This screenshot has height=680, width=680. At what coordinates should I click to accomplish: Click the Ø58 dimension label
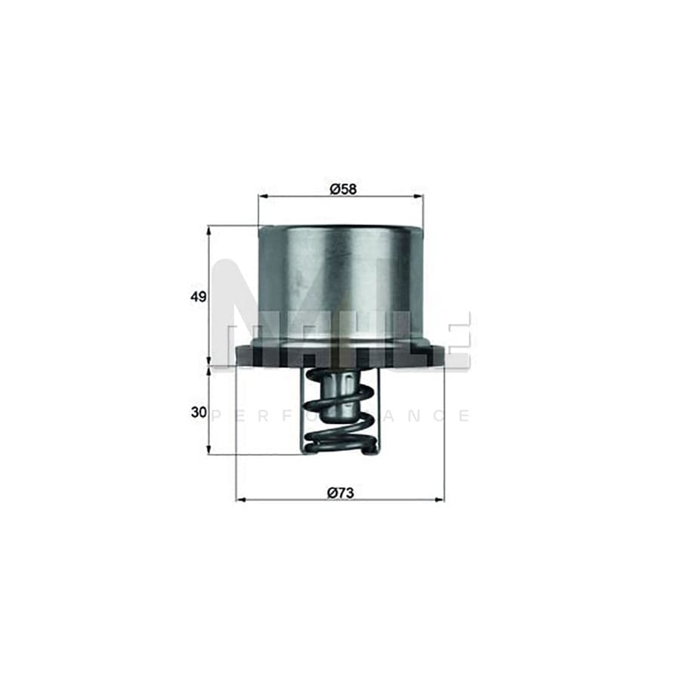coord(341,189)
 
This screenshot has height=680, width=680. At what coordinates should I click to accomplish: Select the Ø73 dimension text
coord(341,492)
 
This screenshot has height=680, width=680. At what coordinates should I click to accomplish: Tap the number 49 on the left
coord(198,297)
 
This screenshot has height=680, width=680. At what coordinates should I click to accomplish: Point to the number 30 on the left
coord(198,412)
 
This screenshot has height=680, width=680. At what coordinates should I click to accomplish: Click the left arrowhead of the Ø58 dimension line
coord(261,197)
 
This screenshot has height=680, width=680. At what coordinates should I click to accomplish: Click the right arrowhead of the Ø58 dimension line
coord(420,197)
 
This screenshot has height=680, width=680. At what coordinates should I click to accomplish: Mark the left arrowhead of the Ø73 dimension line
coord(240,500)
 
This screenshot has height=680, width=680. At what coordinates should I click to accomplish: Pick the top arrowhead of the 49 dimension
coord(209,229)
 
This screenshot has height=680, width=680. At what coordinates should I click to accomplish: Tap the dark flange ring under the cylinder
coord(340,355)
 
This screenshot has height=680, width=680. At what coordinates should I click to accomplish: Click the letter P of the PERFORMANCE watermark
coord(218,416)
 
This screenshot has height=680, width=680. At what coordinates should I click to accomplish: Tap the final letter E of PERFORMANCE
coord(464,416)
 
